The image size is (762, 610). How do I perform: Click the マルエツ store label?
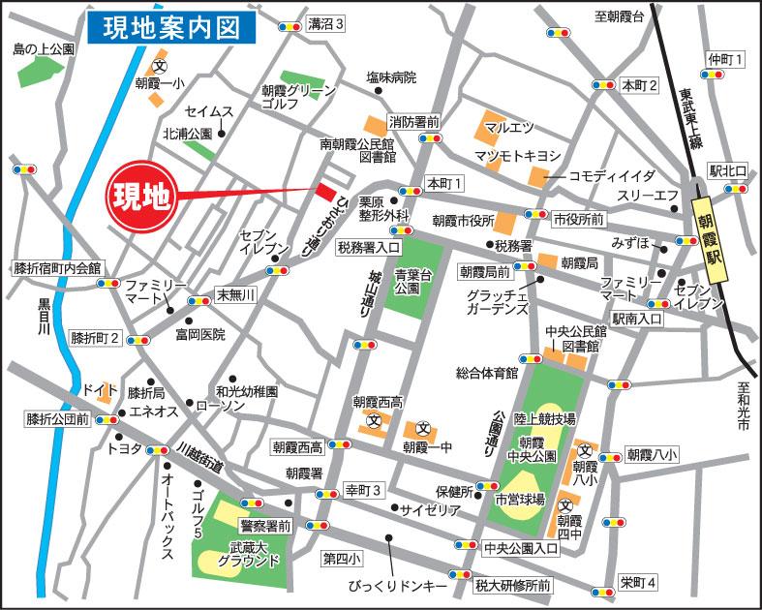click(509, 127)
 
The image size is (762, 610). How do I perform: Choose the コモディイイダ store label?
click(611, 176)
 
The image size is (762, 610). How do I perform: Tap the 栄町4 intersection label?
click(638, 583)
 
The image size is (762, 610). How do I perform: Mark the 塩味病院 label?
click(390, 77)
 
